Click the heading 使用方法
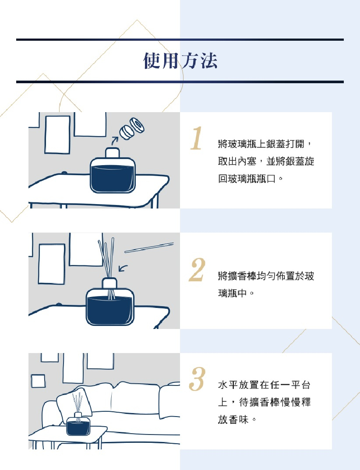pyautogui.click(x=180, y=60)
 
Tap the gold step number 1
pyautogui.click(x=196, y=138)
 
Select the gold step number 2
pyautogui.click(x=197, y=270)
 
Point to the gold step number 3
pyautogui.click(x=197, y=379)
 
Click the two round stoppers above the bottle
pyautogui.click(x=132, y=129)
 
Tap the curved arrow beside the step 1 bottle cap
pyautogui.click(x=114, y=140)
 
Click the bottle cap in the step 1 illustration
pyautogui.click(x=113, y=153)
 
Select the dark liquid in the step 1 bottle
pyautogui.click(x=113, y=178)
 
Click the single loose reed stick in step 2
pyautogui.click(x=149, y=247)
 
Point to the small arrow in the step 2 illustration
pyautogui.click(x=123, y=268)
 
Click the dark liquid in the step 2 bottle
pyautogui.click(x=110, y=310)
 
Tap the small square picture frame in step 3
pyautogui.click(x=38, y=381)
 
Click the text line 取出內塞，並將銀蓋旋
pyautogui.click(x=266, y=161)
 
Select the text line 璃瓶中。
pyautogui.click(x=236, y=293)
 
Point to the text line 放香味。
pyautogui.click(x=237, y=419)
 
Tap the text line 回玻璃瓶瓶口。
pyautogui.click(x=250, y=179)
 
